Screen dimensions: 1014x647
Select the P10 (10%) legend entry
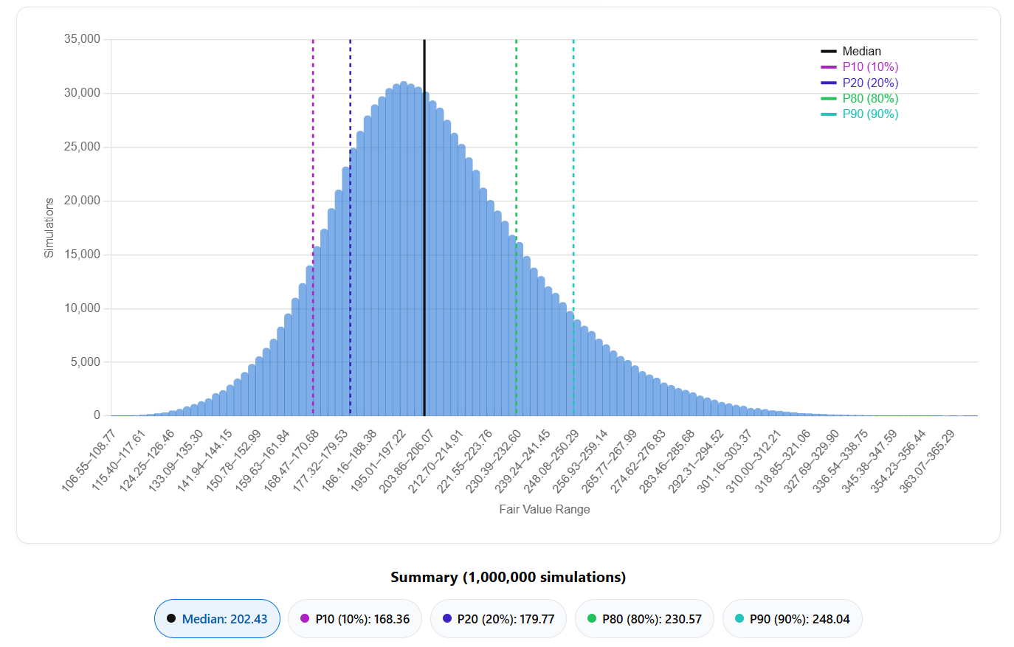click(x=859, y=67)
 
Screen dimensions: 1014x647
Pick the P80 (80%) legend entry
click(x=859, y=98)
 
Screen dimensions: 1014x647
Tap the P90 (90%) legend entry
click(x=859, y=114)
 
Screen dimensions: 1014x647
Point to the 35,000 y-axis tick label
click(x=82, y=39)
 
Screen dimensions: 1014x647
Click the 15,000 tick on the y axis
click(x=82, y=255)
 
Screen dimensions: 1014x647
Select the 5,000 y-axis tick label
click(x=85, y=362)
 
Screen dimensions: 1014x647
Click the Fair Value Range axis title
click(x=545, y=510)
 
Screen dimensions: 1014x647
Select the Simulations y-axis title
click(x=49, y=228)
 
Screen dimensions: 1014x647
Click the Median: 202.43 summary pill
click(x=217, y=618)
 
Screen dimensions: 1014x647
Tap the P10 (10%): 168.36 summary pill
click(x=355, y=618)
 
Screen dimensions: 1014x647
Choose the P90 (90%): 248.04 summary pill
click(x=793, y=618)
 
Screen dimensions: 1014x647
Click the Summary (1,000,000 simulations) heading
click(x=508, y=578)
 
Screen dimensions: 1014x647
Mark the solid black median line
click(x=424, y=227)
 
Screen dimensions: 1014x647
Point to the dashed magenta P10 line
click(x=313, y=227)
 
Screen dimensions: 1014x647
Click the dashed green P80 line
click(x=516, y=227)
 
